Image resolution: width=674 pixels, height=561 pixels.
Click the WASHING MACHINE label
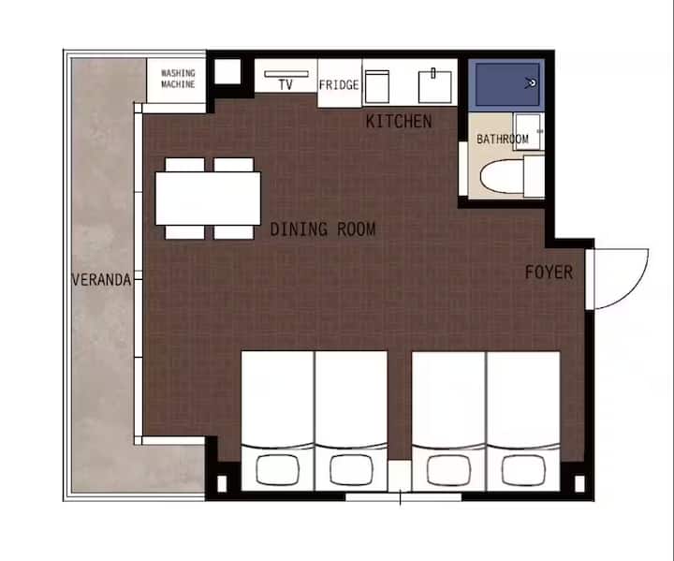pos(178,79)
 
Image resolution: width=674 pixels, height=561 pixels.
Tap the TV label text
pos(286,84)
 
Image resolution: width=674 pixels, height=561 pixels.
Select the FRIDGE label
pos(339,84)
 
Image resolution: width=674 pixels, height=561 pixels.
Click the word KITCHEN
pos(399,122)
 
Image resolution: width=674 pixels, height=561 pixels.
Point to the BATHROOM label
pos(503,139)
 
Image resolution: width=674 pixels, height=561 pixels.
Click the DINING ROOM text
pos(323,229)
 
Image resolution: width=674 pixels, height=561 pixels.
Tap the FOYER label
pos(549,273)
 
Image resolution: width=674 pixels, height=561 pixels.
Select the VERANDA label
pos(101,280)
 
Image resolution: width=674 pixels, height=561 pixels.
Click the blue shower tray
pos(506,84)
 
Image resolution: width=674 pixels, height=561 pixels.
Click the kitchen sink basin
pos(435,87)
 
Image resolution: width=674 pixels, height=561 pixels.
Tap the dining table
pos(208,199)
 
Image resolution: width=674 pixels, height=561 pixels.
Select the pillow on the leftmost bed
pos(278,469)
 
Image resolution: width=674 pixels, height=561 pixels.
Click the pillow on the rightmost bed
pos(523,470)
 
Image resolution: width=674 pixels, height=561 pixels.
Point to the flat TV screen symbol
pos(286,74)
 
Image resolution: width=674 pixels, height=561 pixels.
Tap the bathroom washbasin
pos(528,132)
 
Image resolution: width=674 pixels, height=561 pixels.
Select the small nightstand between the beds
pos(400,476)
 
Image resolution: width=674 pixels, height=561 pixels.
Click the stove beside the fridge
pos(377,87)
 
